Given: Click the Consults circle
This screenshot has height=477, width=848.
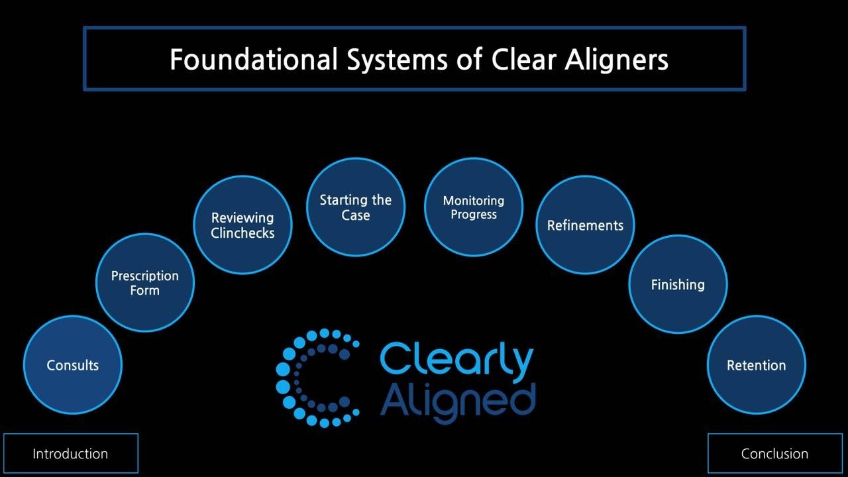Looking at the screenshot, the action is [73, 365].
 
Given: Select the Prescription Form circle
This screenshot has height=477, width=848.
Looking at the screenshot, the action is [145, 283].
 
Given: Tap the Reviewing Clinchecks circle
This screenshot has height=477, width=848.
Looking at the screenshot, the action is [242, 225].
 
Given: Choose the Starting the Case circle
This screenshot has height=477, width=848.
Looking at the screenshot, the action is [356, 207].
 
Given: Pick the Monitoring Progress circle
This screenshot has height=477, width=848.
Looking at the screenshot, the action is [474, 207].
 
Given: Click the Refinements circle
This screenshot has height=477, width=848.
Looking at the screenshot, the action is [585, 225].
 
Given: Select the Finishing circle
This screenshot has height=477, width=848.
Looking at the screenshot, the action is [678, 285].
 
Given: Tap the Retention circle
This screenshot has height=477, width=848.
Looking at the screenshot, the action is [756, 365].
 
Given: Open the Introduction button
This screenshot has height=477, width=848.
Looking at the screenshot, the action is [70, 454].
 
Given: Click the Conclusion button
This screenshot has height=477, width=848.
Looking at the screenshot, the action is [774, 454].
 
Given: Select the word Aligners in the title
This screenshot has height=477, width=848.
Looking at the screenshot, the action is [616, 59].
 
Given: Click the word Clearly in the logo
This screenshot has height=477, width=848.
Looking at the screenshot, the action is [456, 360].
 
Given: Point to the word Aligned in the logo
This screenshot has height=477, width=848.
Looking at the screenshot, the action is [458, 399].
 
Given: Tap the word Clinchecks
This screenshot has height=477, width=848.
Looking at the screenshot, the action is [242, 233].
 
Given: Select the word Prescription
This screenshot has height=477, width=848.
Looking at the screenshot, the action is [145, 276].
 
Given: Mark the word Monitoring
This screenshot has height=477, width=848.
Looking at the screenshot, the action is [474, 200].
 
